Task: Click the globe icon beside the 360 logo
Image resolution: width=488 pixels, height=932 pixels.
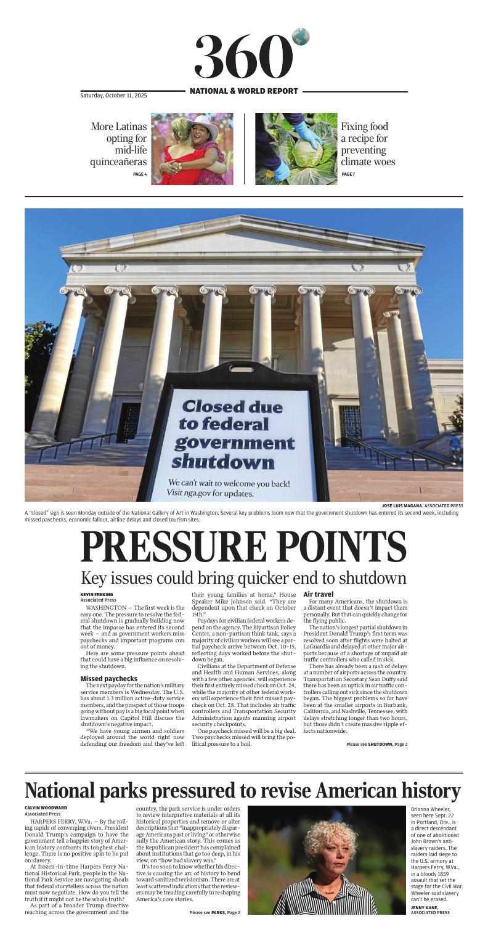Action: click(x=301, y=38)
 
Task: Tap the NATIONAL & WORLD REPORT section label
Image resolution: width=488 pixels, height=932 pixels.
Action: click(x=244, y=91)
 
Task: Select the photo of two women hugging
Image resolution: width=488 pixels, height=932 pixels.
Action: click(x=192, y=149)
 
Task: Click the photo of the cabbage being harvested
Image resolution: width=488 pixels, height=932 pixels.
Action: click(x=296, y=149)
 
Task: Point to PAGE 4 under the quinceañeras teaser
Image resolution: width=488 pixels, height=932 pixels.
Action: click(x=140, y=174)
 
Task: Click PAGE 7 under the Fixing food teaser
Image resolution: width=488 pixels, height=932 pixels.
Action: click(x=348, y=174)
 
